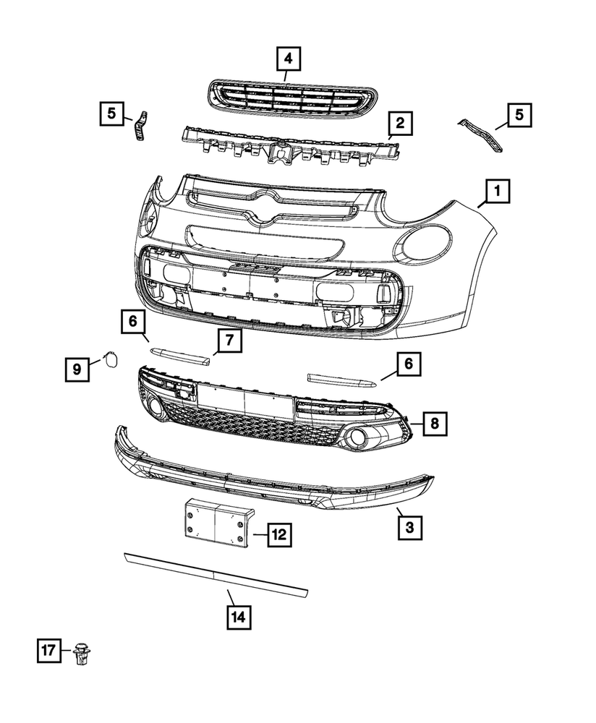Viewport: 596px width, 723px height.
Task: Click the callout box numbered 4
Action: point(288,57)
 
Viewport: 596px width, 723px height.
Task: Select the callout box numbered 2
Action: point(399,124)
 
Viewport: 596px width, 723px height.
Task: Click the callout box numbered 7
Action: point(229,340)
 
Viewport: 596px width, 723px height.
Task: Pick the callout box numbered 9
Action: point(76,369)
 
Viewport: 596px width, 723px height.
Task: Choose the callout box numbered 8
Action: point(434,424)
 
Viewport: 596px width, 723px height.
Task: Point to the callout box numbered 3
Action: point(409,529)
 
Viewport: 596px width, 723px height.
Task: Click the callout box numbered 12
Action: point(278,535)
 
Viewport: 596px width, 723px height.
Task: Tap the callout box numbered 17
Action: point(48,651)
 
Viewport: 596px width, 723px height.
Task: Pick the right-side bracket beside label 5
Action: point(482,137)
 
